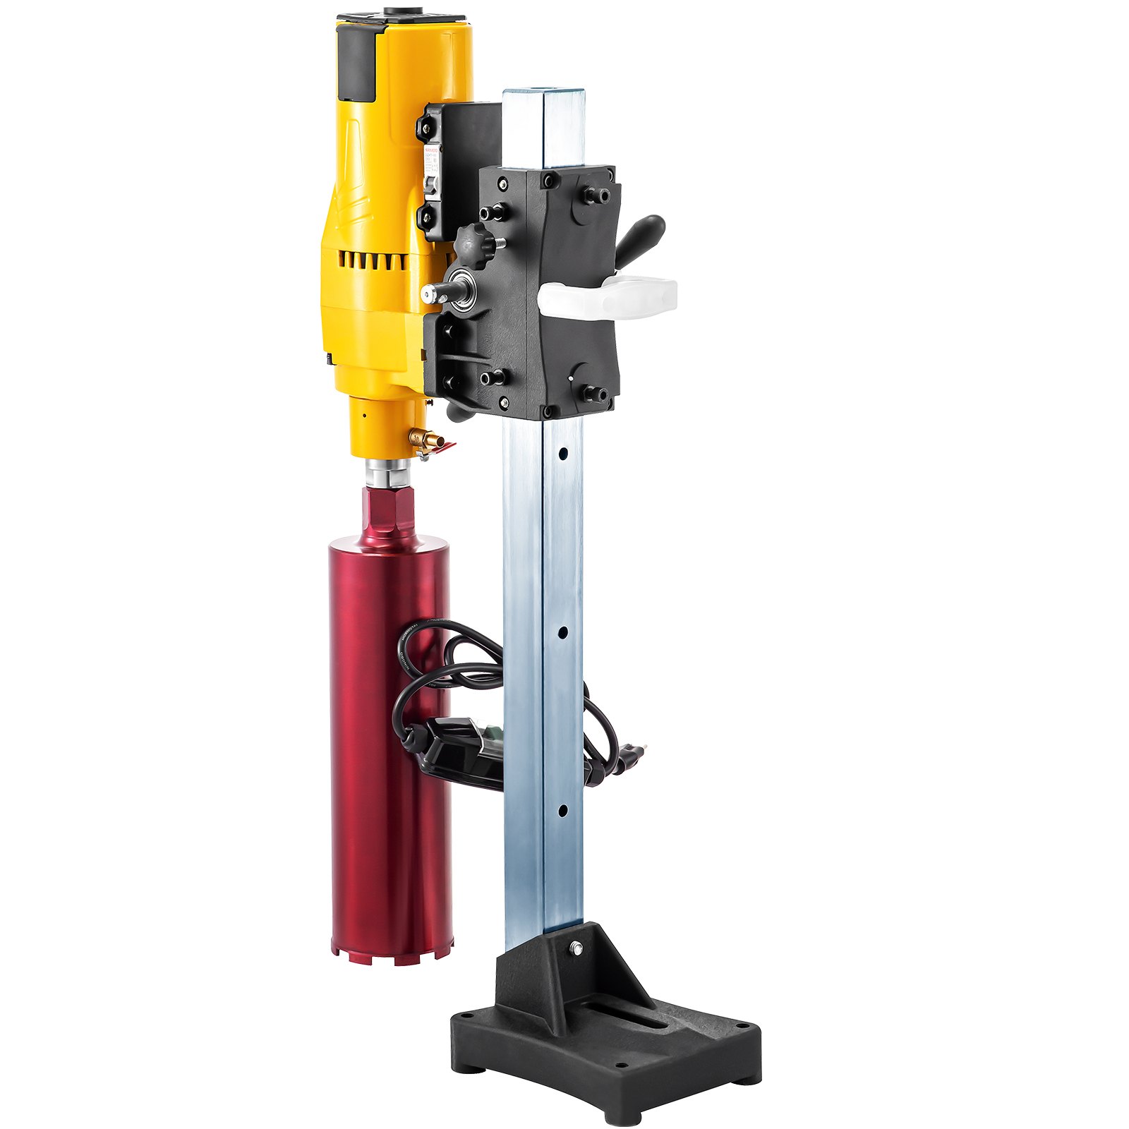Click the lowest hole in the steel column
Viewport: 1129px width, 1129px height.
pyautogui.click(x=562, y=811)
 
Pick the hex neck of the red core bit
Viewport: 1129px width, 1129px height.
pyautogui.click(x=382, y=512)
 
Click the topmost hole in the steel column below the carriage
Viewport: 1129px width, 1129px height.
pyautogui.click(x=562, y=451)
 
